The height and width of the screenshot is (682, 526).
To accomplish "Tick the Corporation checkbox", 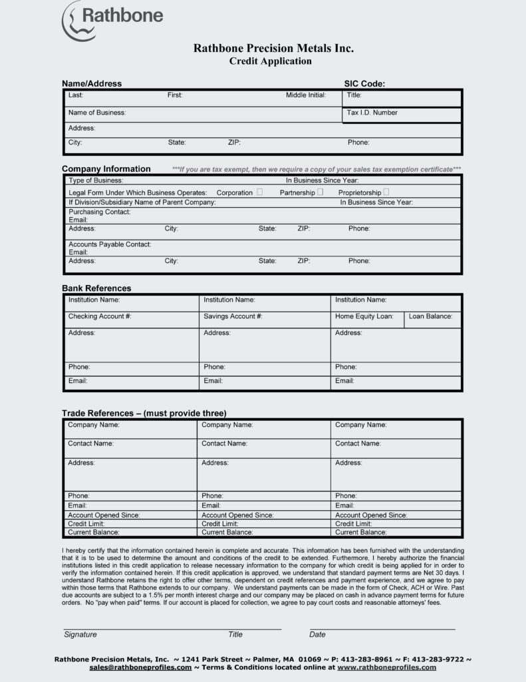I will (259, 192).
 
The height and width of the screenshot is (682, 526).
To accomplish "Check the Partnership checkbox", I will (321, 192).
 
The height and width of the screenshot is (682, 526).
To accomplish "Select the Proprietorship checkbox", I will (386, 192).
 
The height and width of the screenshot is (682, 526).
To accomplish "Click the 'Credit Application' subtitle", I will (270, 61).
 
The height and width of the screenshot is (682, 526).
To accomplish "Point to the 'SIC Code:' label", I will (364, 84).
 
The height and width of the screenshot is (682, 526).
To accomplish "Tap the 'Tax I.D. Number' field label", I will (372, 113).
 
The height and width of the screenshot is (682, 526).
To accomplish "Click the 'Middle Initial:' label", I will (306, 95).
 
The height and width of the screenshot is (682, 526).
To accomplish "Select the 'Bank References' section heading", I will (96, 288).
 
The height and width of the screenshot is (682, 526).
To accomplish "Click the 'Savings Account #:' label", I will (233, 316).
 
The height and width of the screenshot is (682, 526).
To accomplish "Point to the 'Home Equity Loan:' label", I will (364, 316).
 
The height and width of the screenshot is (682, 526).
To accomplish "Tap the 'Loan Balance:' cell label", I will (430, 316).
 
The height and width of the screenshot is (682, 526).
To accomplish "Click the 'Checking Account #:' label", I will (100, 316).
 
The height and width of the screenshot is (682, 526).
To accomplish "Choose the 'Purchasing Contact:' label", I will (100, 212).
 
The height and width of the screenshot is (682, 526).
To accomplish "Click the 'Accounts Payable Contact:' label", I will (110, 244).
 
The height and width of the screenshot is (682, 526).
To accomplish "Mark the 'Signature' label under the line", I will (80, 635).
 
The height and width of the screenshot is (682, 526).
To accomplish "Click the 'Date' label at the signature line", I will (317, 635).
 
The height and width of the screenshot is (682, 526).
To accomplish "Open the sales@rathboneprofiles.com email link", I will (140, 667).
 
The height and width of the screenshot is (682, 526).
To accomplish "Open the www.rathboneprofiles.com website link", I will (387, 667).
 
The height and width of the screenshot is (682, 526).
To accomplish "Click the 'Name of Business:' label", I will (97, 113).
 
